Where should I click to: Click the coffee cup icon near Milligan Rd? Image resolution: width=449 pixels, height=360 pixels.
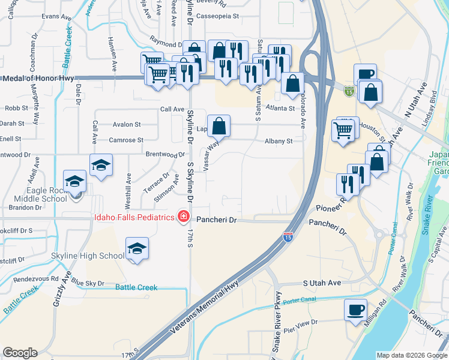click(x=356, y=310)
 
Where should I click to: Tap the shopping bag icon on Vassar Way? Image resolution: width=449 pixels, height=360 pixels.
click(x=220, y=126)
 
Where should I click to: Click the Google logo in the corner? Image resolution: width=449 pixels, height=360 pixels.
click(x=20, y=353)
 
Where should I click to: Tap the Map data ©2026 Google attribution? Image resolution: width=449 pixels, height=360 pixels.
click(x=412, y=355)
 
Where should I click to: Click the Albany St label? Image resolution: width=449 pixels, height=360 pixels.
click(x=279, y=141)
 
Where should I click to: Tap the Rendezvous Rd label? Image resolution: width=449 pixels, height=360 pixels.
click(x=37, y=278)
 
